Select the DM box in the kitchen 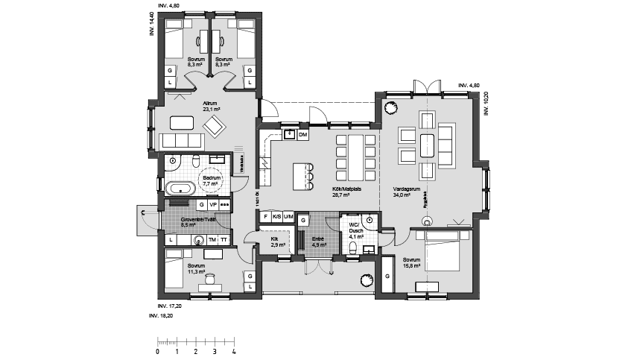coord(302,135)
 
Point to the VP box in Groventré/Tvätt coord(212,204)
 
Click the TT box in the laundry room coord(224,240)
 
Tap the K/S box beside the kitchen coord(277,217)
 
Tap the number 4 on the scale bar coord(234,350)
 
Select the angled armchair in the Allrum coord(215,125)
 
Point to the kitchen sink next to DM coord(288,135)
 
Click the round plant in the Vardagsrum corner coord(390,107)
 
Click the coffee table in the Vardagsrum coord(427,144)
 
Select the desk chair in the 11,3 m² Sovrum coord(211,278)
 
